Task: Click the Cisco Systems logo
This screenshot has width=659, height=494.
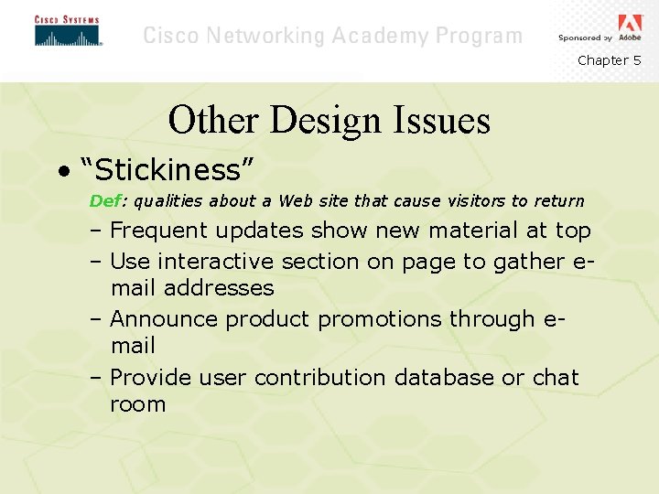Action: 68,31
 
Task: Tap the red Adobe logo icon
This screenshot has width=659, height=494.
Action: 631,23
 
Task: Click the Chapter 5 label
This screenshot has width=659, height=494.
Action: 609,60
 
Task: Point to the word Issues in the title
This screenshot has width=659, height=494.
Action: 443,121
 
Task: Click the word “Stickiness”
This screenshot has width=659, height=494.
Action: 167,170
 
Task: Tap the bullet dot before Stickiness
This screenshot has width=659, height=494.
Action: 61,171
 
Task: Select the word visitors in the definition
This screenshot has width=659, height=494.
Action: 477,200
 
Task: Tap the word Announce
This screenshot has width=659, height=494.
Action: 164,319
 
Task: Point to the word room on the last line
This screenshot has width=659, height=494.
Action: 137,404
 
